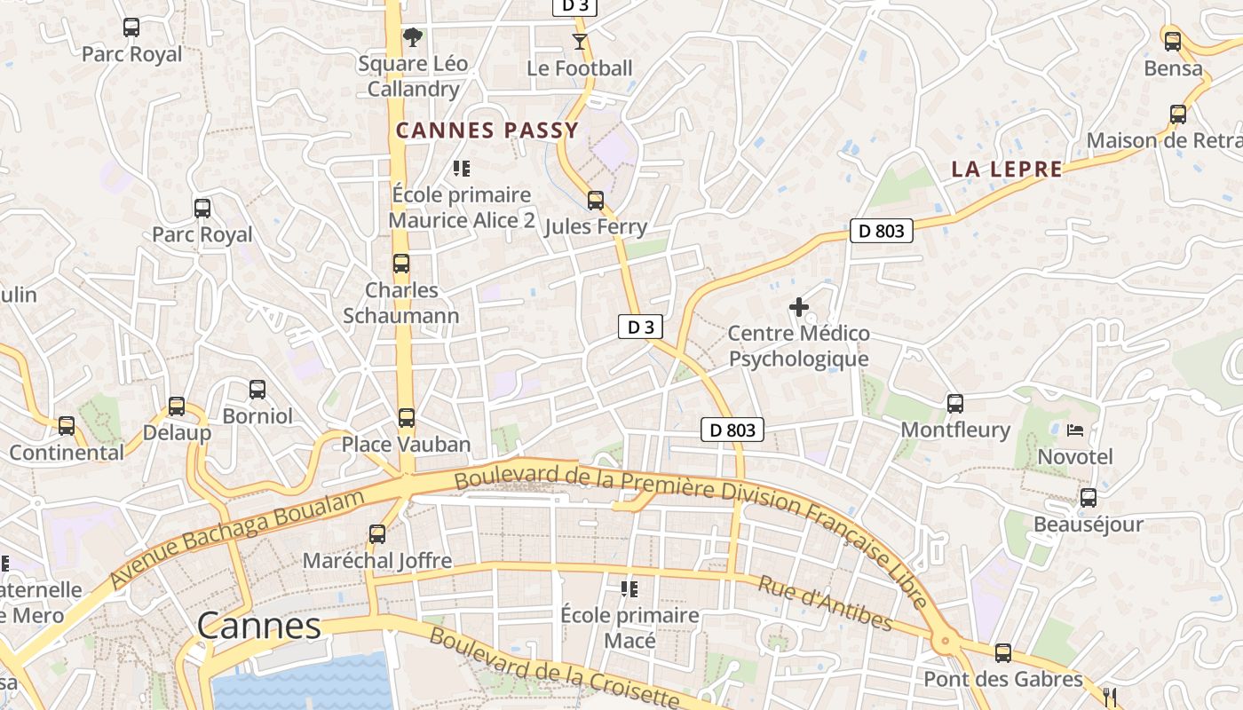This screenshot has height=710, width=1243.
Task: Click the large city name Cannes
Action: [x=258, y=627]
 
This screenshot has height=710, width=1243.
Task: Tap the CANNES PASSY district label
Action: [x=487, y=130]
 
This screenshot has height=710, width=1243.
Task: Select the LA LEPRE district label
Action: [x=1007, y=169]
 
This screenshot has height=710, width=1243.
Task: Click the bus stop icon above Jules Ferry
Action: [x=596, y=201]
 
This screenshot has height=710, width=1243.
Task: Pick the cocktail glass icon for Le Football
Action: [x=580, y=42]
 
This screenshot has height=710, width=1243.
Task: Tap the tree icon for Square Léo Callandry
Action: [x=412, y=37]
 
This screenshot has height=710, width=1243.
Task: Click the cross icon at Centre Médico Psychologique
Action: [x=799, y=308]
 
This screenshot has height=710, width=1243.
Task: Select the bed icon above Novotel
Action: [x=1075, y=431]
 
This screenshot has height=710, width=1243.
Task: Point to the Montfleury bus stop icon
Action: [x=955, y=404]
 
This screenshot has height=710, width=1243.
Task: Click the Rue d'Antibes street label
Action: [x=825, y=603]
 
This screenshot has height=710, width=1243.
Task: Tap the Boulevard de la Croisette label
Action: [x=555, y=667]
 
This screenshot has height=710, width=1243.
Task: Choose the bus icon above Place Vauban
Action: [x=407, y=418]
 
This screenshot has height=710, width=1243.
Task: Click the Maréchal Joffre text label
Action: [x=377, y=561]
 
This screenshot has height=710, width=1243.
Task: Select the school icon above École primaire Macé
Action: [x=629, y=589]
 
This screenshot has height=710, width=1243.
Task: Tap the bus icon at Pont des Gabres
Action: [x=1003, y=653]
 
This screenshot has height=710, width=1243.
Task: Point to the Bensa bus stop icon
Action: [x=1173, y=42]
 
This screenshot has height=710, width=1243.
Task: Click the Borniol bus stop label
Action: [x=257, y=415]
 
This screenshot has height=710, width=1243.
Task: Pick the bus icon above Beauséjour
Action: [x=1089, y=498]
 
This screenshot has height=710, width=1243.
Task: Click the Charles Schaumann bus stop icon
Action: [x=401, y=264]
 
